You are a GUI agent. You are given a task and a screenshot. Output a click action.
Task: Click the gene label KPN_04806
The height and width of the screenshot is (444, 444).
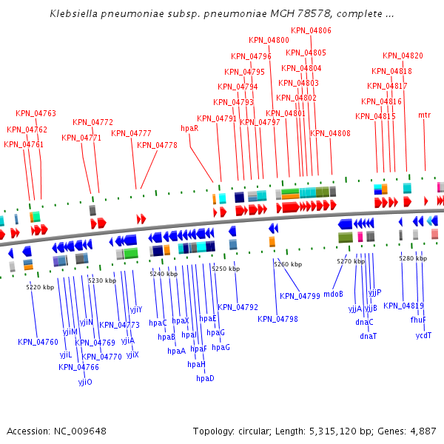[x=311, y=30]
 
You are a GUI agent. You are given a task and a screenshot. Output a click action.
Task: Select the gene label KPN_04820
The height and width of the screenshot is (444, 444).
[x=403, y=55]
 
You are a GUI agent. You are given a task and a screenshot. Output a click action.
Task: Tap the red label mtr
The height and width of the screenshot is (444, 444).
[x=424, y=115]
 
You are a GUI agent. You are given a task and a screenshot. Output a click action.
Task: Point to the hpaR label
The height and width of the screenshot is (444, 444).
[x=189, y=128]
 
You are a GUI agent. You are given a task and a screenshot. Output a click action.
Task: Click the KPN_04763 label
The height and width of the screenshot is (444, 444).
[x=36, y=113]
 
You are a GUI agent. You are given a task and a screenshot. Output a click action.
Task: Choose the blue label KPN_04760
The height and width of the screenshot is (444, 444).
[x=38, y=342]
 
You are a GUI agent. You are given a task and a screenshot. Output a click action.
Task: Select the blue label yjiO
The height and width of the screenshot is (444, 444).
[x=85, y=382]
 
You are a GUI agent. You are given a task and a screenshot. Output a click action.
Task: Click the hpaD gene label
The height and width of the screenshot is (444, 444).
[x=205, y=378]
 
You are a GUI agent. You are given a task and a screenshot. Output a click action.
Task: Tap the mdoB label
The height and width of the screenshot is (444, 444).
[x=334, y=293]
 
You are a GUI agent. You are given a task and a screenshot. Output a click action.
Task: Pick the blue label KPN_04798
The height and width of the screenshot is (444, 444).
[x=277, y=319]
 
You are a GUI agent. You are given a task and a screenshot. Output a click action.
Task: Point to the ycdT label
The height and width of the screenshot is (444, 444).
[x=423, y=335]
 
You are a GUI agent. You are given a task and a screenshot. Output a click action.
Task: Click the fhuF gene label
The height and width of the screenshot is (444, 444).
[x=418, y=320]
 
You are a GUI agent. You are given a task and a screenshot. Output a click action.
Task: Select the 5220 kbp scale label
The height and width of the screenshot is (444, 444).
[x=40, y=287]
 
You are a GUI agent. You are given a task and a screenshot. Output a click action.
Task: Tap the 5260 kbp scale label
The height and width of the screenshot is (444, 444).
[x=288, y=264]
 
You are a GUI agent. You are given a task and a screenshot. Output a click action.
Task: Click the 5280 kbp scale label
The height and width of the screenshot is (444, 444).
[x=412, y=258]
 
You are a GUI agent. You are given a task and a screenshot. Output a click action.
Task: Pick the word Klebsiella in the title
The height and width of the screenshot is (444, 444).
[x=75, y=14]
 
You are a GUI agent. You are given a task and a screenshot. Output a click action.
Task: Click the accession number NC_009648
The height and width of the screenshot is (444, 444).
[x=81, y=431]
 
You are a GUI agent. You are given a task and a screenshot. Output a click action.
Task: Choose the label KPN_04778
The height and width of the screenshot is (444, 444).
[x=157, y=145]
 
